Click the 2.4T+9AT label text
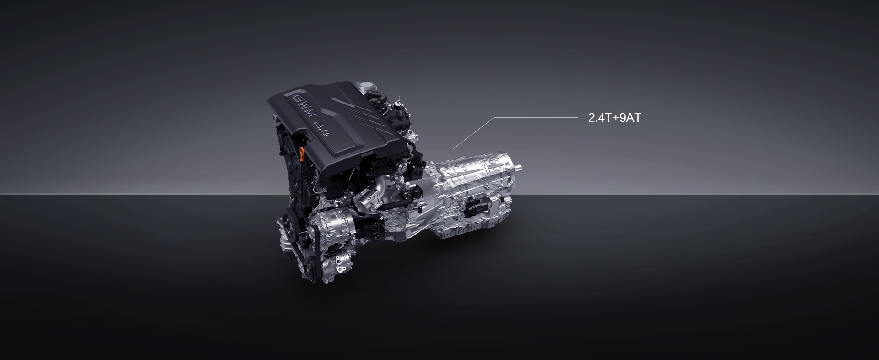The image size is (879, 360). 614,118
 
